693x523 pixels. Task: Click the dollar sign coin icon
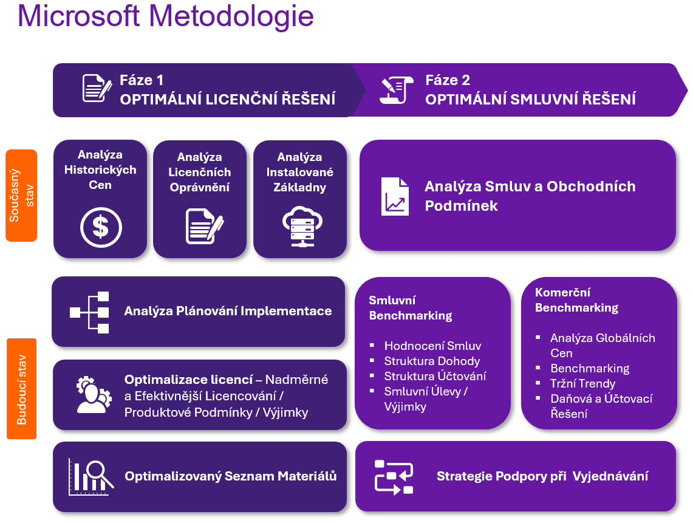click(101, 228)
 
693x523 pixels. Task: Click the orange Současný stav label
click(21, 196)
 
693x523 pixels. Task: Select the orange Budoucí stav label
click(21, 389)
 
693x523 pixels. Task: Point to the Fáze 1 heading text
click(142, 80)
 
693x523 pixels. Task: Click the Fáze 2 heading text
click(448, 80)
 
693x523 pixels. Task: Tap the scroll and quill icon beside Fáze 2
click(396, 90)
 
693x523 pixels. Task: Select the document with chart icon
click(395, 196)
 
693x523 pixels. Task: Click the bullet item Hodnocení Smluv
click(432, 346)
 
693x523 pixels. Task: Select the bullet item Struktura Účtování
click(435, 376)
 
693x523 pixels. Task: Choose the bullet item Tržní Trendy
click(582, 383)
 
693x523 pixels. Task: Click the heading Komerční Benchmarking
click(576, 300)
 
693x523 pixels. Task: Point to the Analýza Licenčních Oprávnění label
click(200, 173)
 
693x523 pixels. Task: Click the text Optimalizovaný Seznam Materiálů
click(230, 476)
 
